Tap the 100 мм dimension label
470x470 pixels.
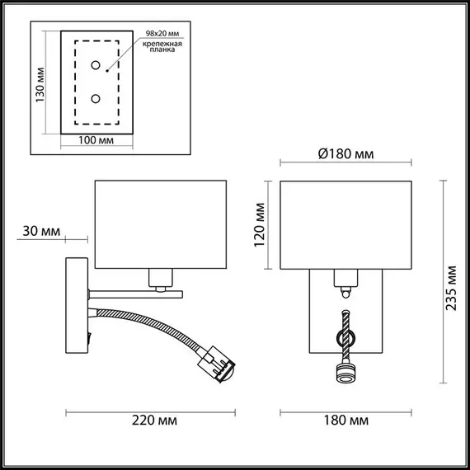[x=95, y=141]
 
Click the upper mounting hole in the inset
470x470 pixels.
[x=96, y=66]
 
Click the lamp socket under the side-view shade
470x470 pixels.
[x=161, y=278]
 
